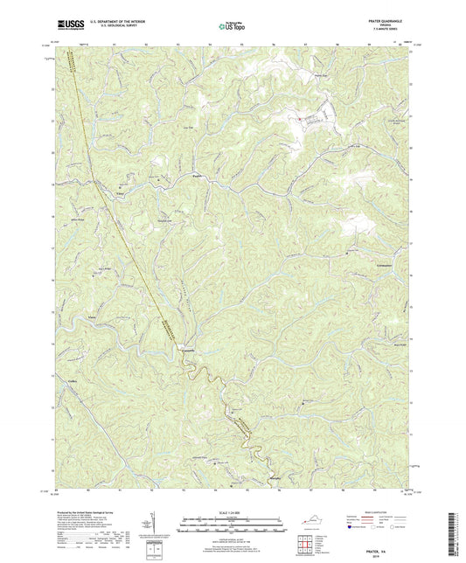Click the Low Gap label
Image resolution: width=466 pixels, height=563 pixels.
point(185,131)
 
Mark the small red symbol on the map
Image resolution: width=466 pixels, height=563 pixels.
point(301,116)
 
